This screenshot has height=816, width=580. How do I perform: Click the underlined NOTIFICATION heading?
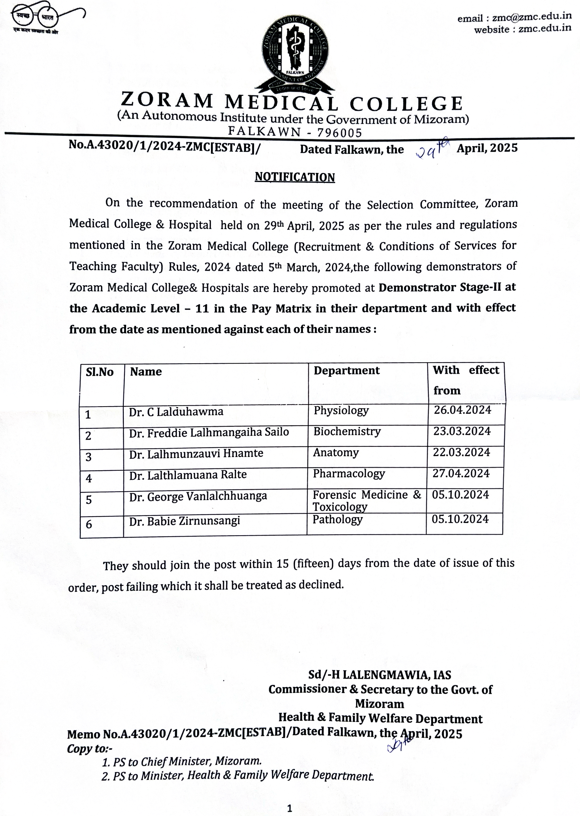coord(295,177)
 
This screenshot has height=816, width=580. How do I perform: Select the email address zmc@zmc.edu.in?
coord(532,17)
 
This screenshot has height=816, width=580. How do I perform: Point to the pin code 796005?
coord(340,133)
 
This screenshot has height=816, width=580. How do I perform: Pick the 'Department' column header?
coord(346,370)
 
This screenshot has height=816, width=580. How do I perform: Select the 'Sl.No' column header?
coord(99,372)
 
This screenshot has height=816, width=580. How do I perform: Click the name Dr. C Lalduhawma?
coord(176,412)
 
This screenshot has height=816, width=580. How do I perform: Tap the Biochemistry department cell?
coord(347,431)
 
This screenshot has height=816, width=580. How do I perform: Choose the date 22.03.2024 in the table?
coord(461,452)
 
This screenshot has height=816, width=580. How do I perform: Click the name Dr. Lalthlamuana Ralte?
coord(188,475)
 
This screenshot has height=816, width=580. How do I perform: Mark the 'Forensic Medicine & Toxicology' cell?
coord(366,501)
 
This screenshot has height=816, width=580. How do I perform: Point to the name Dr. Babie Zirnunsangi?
coord(184,521)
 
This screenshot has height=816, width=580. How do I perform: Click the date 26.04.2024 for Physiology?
coord(462,410)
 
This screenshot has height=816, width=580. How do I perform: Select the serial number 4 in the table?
coord(89,478)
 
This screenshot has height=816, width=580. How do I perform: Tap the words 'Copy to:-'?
coord(90,749)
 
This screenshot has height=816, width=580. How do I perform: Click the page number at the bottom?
coord(289,808)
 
